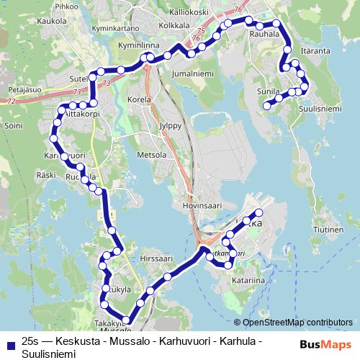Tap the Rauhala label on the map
[x=264, y=33]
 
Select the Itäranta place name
[x=315, y=51]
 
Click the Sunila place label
[x=268, y=92]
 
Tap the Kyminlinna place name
[x=138, y=45]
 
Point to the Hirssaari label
[x=158, y=257]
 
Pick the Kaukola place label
[x=51, y=21]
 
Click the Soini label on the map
[x=14, y=125]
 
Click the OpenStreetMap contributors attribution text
[x=293, y=322]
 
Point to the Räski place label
[x=46, y=175]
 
